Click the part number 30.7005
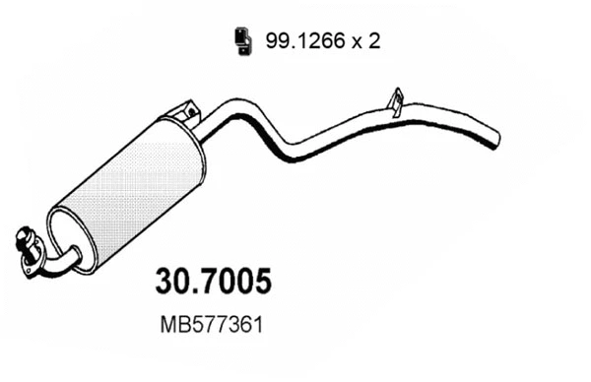tap(214, 282)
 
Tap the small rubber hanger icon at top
tap(240, 39)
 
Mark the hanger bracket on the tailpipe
tap(395, 99)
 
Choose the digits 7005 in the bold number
tap(237, 282)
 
